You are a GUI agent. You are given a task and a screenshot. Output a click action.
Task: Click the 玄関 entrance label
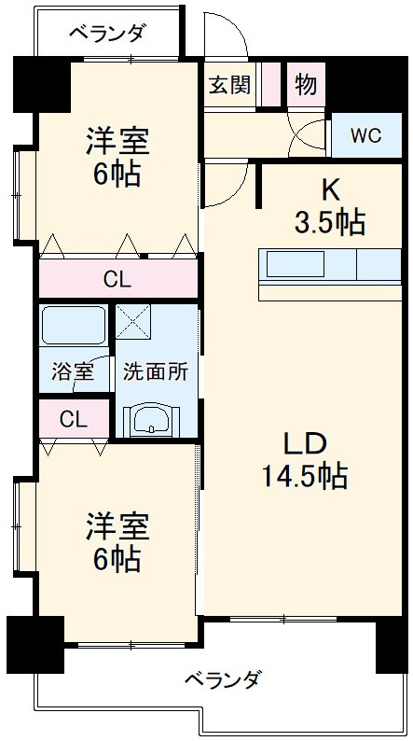(x=229, y=85)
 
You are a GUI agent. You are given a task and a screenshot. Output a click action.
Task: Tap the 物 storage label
(x=306, y=84)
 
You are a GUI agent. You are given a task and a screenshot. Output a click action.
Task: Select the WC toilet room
(x=365, y=135)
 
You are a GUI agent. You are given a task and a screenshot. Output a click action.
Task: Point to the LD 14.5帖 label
(x=304, y=460)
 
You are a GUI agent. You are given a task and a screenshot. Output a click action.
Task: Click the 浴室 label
(x=72, y=370)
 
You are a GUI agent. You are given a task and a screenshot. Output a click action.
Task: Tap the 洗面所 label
(x=156, y=370)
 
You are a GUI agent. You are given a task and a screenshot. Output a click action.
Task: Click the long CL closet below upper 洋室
(x=117, y=278)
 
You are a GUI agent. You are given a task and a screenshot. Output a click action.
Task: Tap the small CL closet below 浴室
(x=73, y=419)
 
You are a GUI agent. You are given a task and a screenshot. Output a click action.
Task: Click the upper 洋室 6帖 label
(x=117, y=157)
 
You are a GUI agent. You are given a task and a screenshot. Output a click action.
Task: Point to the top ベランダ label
(x=107, y=34)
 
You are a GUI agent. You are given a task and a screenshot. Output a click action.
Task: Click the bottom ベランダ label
(x=222, y=678)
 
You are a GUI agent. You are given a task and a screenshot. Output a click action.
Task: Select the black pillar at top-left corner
(x=37, y=83)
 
